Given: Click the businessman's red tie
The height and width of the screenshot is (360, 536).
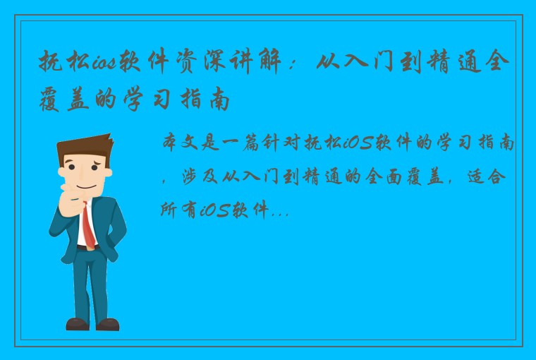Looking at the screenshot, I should click(x=87, y=223).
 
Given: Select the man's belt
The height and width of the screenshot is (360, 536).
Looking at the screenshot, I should click(x=86, y=248).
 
